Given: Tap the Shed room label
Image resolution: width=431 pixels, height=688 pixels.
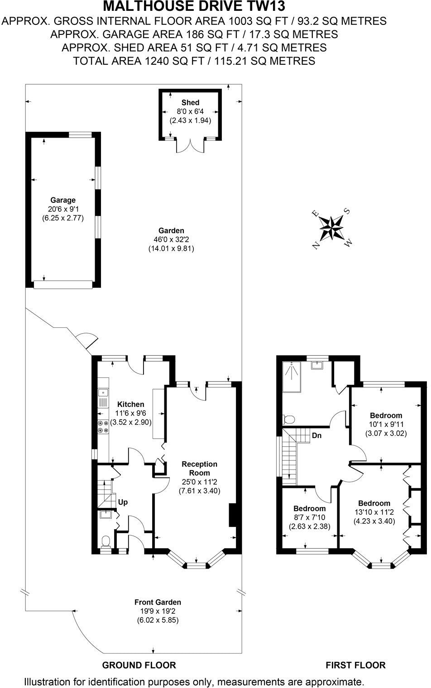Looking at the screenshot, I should pyautogui.click(x=190, y=103).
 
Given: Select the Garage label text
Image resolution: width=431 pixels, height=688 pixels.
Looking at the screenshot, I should pyautogui.click(x=63, y=200).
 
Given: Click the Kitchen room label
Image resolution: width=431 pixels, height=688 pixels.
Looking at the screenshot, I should pyautogui.click(x=131, y=404).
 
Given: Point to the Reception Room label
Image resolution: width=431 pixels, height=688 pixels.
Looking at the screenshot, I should pyautogui.click(x=199, y=468).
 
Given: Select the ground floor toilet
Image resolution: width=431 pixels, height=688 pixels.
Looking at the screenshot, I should pyautogui.click(x=105, y=541).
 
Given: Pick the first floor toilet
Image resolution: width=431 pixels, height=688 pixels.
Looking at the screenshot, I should pyautogui.click(x=286, y=419).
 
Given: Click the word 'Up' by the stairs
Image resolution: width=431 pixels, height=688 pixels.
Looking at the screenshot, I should pyautogui.click(x=123, y=502).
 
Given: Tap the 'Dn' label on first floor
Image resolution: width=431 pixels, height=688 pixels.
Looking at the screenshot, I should pyautogui.click(x=317, y=436).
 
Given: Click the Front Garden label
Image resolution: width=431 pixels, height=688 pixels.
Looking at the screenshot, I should pyautogui.click(x=158, y=602).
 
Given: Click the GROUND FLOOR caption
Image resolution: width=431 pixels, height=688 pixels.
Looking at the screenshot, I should pyautogui.click(x=139, y=665).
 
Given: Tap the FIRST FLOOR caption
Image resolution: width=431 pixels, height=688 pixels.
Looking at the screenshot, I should pyautogui.click(x=355, y=665).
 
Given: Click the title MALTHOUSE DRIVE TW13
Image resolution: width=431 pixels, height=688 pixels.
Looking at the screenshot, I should pyautogui.click(x=195, y=6).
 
